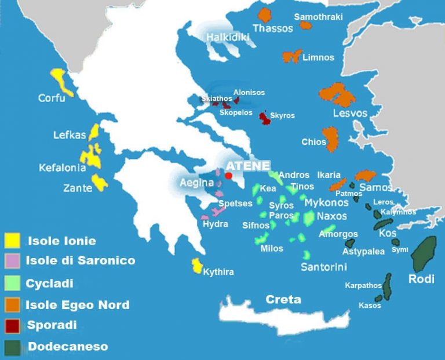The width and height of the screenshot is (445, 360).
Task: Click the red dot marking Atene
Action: click(x=229, y=175)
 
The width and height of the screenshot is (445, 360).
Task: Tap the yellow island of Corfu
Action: click(x=60, y=81)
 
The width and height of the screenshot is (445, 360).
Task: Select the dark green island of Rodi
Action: click(x=424, y=254)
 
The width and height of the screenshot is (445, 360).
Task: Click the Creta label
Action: click(x=283, y=300)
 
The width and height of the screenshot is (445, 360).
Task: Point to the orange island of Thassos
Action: click(x=265, y=15)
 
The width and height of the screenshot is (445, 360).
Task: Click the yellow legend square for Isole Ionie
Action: click(x=12, y=240)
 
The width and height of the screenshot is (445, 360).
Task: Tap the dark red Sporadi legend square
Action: click(x=12, y=325)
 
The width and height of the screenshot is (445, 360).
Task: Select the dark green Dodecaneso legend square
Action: click(x=12, y=347)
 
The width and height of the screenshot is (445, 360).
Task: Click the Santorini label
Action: click(x=324, y=267)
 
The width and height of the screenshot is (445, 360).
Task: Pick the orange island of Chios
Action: click(x=331, y=139)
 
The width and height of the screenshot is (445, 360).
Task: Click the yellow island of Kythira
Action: click(x=197, y=266)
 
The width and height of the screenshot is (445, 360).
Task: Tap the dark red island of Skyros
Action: click(x=264, y=118)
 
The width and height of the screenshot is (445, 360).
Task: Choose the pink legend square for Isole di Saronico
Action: click(x=12, y=261)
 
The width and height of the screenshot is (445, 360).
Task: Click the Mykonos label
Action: click(x=326, y=202)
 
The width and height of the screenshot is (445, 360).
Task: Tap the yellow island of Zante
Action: click(x=99, y=183)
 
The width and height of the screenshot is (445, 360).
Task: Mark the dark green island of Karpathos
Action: click(x=388, y=285)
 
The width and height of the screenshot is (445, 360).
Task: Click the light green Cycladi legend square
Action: click(x=12, y=283)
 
